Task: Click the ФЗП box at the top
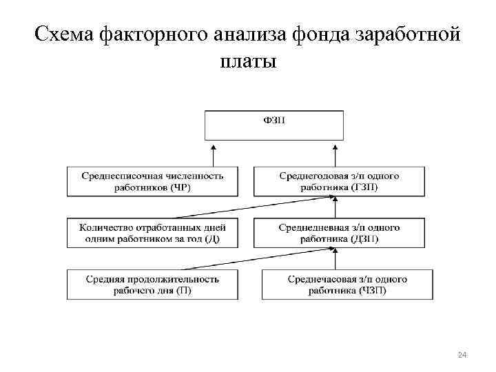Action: (273, 124)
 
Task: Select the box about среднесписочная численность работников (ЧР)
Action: (152, 180)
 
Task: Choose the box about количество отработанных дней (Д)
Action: (152, 233)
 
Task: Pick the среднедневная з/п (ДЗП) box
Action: (339, 233)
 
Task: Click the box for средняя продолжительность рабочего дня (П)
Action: (152, 285)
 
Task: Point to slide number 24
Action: (462, 355)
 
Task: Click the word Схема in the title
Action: (64, 33)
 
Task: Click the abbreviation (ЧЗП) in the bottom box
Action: (373, 291)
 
